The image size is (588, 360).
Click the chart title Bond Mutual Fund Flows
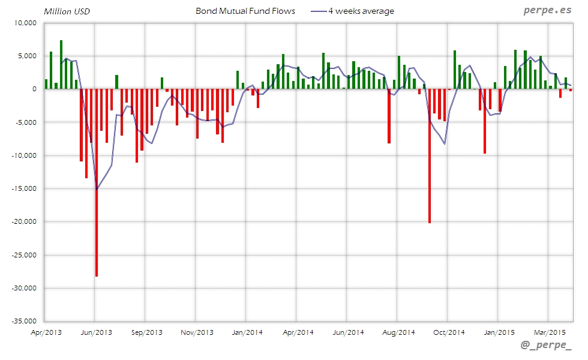coord(245,11)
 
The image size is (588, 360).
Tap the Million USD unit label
coord(67,11)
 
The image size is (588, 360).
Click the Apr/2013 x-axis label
coord(46,332)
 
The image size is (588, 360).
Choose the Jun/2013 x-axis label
coord(96,332)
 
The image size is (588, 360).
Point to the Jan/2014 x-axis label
coord(247,332)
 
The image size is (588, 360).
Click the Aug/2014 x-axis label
coord(398,332)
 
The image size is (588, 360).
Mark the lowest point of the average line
coord(97,189)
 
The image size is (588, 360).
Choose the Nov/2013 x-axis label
coord(197,332)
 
